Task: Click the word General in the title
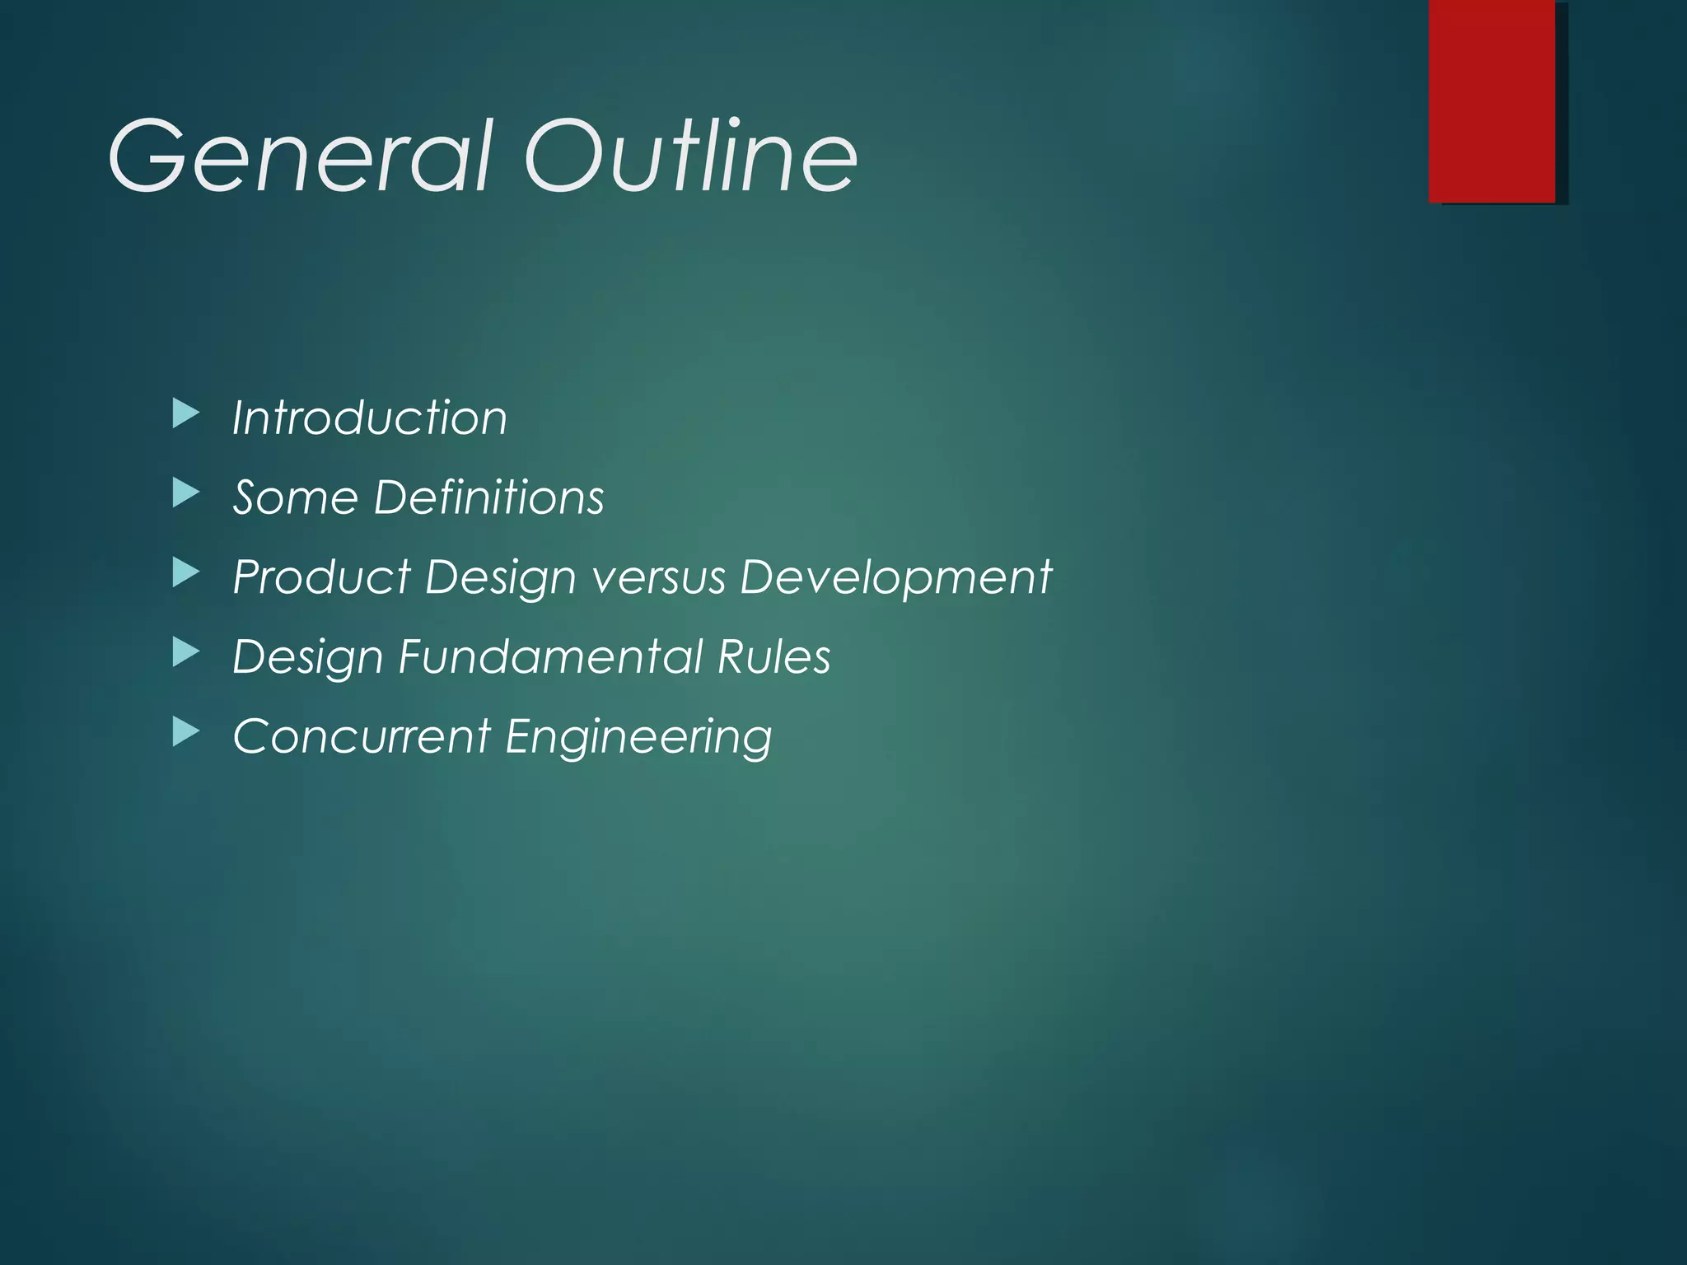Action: coord(301,156)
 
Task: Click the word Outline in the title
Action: coord(690,156)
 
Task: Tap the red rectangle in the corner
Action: coord(1492,100)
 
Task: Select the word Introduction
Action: coord(370,418)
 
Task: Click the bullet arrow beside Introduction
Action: coord(186,414)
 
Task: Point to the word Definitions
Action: coord(489,497)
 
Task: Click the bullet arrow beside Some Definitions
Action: coord(186,494)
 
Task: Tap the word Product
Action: coord(322,576)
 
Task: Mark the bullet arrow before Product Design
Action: coord(186,573)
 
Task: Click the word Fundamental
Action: coord(550,656)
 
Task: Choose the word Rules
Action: coord(773,656)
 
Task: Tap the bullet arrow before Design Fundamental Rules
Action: coord(186,653)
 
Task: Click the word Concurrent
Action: coord(362,735)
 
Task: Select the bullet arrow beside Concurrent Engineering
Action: coord(186,732)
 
